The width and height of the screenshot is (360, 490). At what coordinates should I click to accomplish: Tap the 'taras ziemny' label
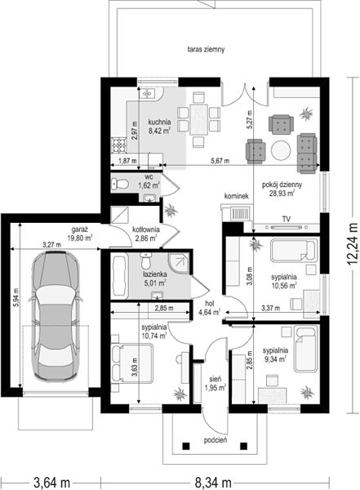206,49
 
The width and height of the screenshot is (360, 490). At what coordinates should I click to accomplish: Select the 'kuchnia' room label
159,122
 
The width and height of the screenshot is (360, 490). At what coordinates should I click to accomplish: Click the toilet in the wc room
120,184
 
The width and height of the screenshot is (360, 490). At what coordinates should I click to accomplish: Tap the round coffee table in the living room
281,150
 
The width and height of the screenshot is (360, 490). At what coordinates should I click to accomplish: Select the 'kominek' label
237,196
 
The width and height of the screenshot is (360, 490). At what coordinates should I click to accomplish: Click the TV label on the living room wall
287,219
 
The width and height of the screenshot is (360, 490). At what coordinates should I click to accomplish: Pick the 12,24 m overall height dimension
353,243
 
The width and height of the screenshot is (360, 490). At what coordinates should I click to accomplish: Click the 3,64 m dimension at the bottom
51,483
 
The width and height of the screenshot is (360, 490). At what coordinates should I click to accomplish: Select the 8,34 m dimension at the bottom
213,483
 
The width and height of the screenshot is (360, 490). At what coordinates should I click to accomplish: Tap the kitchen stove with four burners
119,145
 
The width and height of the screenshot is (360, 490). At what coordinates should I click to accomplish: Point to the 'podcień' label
216,441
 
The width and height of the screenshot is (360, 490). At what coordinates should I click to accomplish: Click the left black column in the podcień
186,446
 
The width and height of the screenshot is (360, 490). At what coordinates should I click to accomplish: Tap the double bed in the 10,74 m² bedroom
131,363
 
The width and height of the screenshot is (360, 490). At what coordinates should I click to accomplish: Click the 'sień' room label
216,379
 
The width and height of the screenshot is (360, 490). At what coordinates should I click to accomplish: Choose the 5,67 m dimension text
220,161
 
